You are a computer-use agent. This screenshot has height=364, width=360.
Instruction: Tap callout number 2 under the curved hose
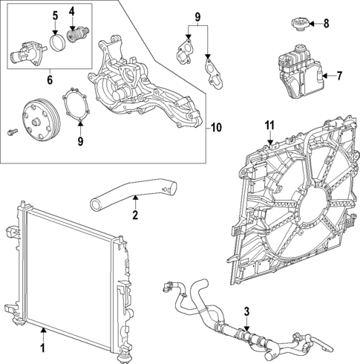(135, 217)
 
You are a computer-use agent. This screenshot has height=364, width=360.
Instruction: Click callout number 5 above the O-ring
(54, 15)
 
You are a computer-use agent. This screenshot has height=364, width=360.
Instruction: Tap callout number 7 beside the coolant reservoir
(338, 75)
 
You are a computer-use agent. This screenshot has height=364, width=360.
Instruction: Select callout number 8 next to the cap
(325, 24)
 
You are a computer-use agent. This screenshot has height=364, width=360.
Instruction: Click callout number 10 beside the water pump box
(215, 127)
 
